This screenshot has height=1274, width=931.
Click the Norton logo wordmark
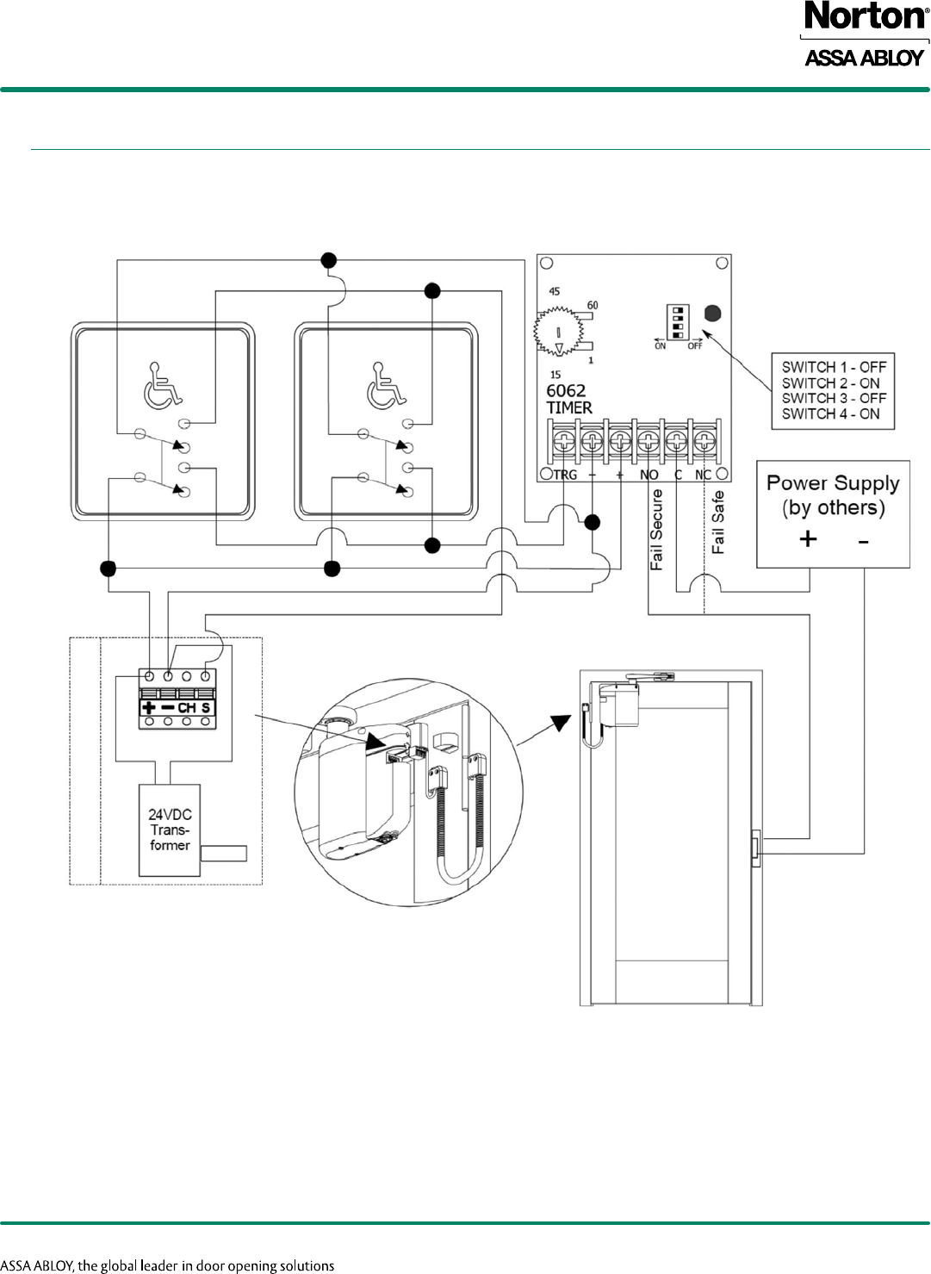coord(865,16)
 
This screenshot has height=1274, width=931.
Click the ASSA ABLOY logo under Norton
coord(864,58)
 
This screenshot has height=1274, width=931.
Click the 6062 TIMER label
coord(568,399)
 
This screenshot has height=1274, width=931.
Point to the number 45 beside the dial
coord(555,291)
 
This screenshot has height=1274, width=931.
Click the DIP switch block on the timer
coord(678,321)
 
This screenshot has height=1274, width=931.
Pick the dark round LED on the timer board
coord(712,314)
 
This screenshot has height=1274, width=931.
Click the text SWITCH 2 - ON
coord(830,382)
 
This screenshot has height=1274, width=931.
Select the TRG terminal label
coord(565,475)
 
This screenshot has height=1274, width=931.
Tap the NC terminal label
coord(703,475)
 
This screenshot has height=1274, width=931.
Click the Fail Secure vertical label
coord(657,530)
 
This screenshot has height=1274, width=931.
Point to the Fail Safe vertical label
coord(717,522)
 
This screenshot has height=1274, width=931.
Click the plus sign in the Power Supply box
coord(808,539)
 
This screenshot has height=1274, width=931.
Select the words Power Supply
coord(833,483)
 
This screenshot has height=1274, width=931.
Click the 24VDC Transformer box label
coord(170,830)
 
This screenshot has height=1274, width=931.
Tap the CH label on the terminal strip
coord(186,708)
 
